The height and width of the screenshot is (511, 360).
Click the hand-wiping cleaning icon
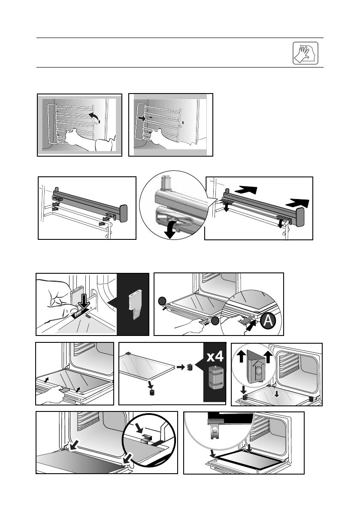[306, 53]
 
